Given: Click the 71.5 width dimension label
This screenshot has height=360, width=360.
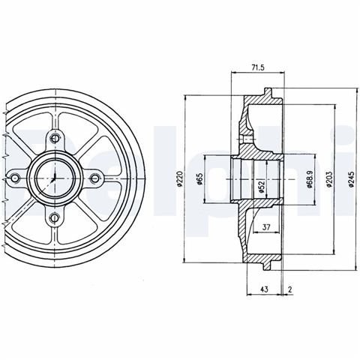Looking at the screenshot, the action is [258, 67].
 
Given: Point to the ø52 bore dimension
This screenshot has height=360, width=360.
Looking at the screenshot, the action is [262, 187].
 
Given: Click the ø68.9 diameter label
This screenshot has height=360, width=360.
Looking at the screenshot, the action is [309, 179].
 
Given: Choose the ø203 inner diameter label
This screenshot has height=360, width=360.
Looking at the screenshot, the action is [329, 179].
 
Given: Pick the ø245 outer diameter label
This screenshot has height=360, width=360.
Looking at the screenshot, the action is [352, 179].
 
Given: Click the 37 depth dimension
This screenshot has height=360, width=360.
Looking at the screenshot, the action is [266, 227].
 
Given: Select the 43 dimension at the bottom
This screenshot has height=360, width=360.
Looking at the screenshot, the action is [264, 289].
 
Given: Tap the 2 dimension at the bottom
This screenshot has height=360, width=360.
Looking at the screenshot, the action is [290, 289].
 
